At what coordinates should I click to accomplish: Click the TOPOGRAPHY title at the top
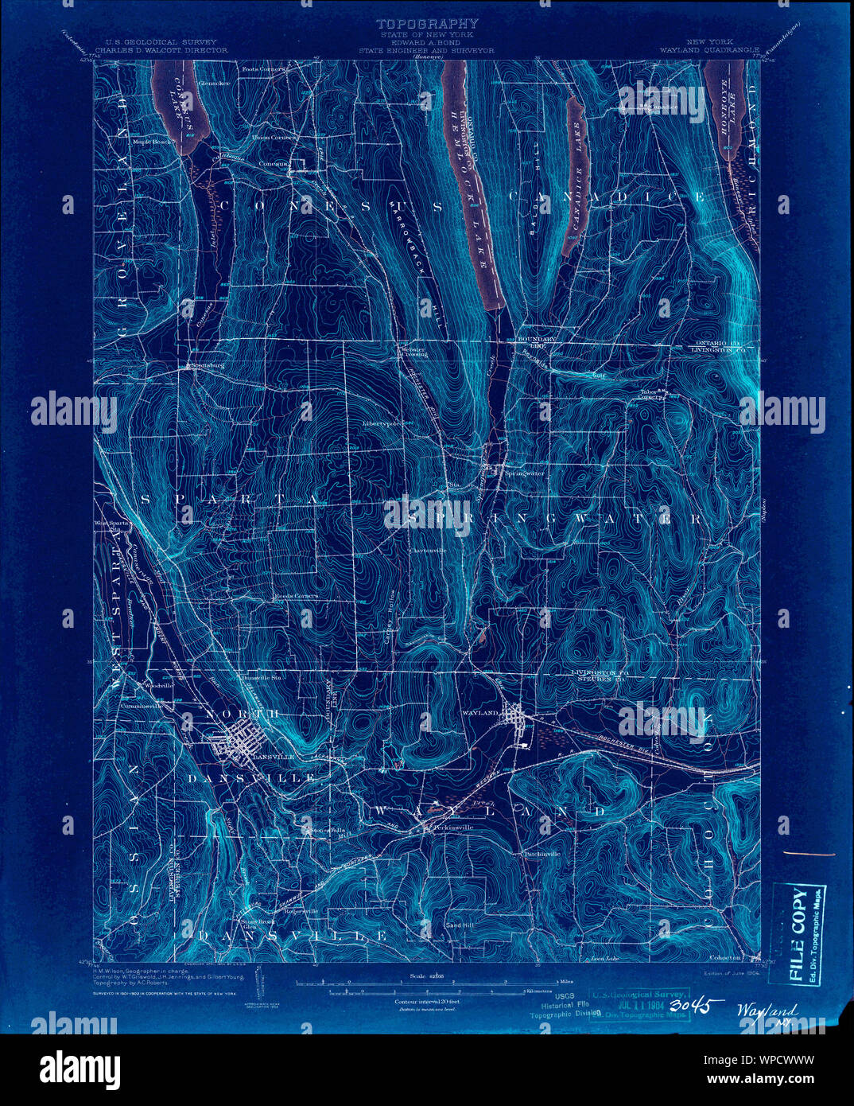(427, 24)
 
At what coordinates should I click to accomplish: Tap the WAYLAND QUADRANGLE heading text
(709, 49)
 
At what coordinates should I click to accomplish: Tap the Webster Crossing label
(413, 352)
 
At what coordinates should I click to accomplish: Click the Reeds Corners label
(296, 596)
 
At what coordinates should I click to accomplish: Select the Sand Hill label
(460, 925)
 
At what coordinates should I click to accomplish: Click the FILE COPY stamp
(799, 914)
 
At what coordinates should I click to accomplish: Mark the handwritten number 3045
(693, 1007)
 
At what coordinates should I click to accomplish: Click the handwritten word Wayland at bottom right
(766, 1011)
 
